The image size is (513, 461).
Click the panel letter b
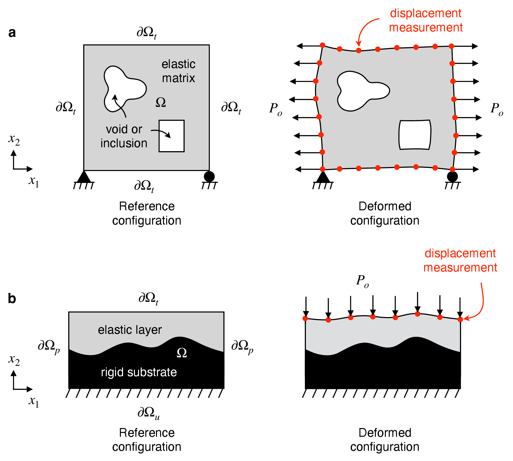click(x=12, y=299)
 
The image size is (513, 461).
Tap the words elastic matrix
click(x=178, y=71)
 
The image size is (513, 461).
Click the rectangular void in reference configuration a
click(x=171, y=136)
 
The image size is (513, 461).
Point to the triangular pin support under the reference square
click(x=84, y=177)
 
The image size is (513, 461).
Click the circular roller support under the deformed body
click(x=452, y=177)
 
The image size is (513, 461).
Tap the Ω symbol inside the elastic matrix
click(x=161, y=102)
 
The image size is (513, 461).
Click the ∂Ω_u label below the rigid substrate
click(x=149, y=413)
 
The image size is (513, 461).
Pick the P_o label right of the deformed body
click(x=497, y=109)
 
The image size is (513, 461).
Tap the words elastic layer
click(x=130, y=330)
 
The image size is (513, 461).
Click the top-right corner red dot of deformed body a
click(x=451, y=46)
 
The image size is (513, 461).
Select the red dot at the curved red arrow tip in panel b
click(x=460, y=320)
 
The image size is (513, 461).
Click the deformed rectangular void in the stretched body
click(x=415, y=135)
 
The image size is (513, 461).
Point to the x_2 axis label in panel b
click(x=14, y=360)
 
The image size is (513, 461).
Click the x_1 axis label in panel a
click(x=34, y=181)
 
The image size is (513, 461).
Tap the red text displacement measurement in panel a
click(x=426, y=20)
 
